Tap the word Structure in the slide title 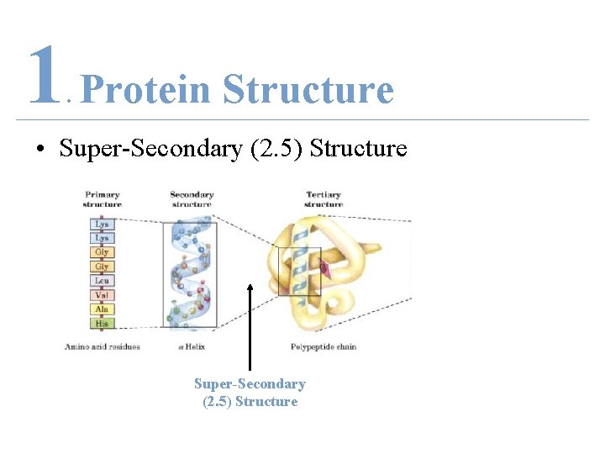[x=308, y=89]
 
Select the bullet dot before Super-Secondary [x=39, y=150]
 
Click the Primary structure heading [x=102, y=199]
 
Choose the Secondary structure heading [x=192, y=199]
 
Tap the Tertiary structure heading [x=324, y=199]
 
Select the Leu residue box [x=101, y=281]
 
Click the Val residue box [x=101, y=295]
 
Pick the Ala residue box [x=101, y=309]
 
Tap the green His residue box [x=101, y=324]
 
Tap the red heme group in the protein [x=325, y=268]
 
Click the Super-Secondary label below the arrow [x=250, y=384]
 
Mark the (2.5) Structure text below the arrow [x=250, y=402]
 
